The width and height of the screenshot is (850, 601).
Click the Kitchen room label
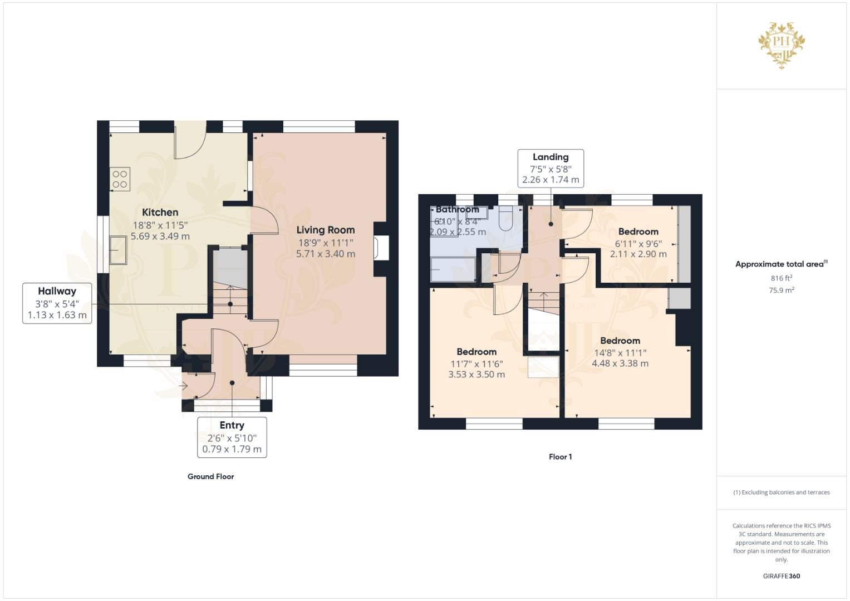tap(160, 212)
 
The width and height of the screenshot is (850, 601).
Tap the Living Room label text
tap(325, 230)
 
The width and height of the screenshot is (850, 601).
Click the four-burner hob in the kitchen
tap(120, 179)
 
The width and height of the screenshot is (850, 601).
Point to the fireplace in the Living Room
tap(382, 248)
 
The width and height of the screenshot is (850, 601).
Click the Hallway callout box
tap(57, 303)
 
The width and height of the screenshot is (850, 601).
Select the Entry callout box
tap(232, 437)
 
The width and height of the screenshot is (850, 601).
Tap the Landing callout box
tap(551, 168)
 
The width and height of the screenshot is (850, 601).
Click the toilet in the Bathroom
tap(506, 218)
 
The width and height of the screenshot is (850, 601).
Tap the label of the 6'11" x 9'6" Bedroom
tap(638, 231)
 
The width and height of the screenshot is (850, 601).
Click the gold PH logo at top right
tap(782, 45)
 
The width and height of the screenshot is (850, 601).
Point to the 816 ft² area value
tap(781, 278)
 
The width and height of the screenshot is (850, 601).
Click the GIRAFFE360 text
tap(781, 576)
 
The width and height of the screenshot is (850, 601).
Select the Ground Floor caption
tap(210, 476)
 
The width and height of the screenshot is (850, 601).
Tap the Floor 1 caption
tap(560, 457)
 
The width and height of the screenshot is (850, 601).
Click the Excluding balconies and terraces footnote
tap(781, 492)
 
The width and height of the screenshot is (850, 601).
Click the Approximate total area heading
tap(780, 264)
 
